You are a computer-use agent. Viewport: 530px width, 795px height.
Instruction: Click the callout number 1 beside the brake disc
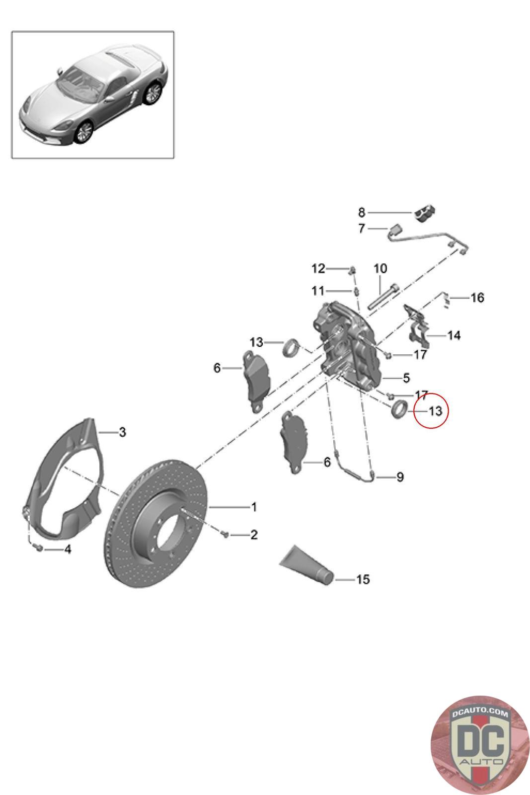pos(254,507)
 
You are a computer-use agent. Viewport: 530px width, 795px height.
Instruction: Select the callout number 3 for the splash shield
pos(122,432)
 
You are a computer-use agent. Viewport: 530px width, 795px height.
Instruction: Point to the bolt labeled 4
pos(39,549)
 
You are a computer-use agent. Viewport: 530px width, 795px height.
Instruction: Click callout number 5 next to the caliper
pos(406,378)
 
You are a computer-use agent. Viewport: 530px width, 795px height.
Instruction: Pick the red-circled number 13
pos(435,411)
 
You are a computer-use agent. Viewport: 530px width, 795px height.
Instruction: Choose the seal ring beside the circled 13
pos(399,409)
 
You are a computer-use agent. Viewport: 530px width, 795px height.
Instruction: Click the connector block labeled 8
pos(425,213)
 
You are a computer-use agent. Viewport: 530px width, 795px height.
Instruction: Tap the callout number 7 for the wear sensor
pos(361,228)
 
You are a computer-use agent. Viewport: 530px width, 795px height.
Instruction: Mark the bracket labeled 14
pos(417,326)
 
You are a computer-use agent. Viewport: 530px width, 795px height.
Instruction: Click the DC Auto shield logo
pos(480,745)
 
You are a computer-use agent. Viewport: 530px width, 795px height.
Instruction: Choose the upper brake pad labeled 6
pos(256,382)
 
